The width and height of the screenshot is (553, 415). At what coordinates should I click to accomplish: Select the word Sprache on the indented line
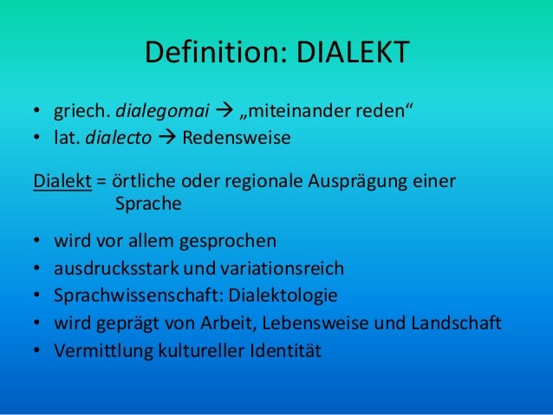pyautogui.click(x=147, y=205)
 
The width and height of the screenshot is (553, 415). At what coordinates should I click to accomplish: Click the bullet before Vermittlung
pyautogui.click(x=37, y=352)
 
